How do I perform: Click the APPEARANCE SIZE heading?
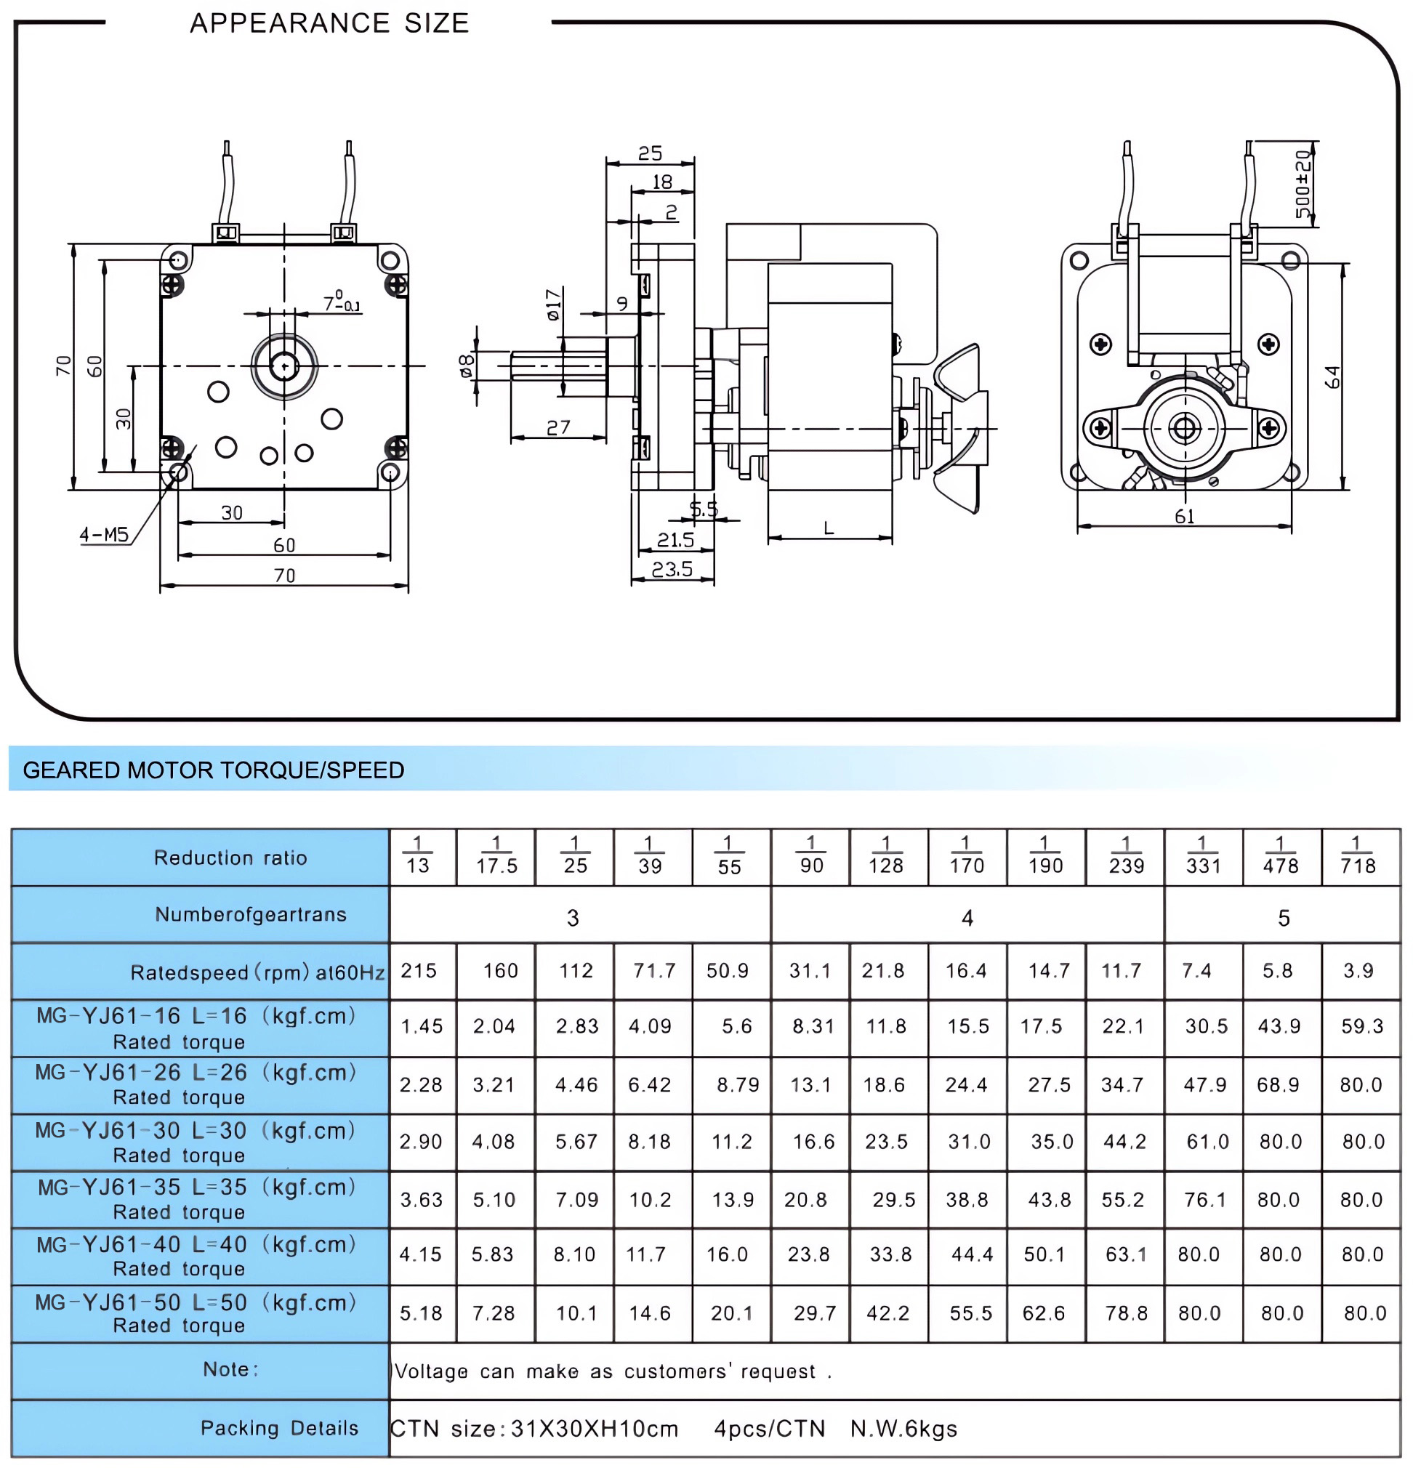coord(329,23)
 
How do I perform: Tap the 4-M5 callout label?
coord(104,535)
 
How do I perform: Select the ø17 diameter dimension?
coord(553,305)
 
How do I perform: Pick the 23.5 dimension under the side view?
coord(672,570)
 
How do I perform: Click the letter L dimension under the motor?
coord(829,529)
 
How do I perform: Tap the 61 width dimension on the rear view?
coord(1184,516)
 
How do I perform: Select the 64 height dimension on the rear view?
coord(1332,376)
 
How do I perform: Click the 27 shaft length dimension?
coord(558,427)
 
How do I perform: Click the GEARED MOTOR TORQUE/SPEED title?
coord(214,770)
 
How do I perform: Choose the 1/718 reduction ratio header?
coord(1358,857)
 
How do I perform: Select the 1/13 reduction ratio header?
coord(417,857)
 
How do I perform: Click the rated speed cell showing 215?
coord(418,971)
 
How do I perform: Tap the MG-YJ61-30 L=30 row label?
coord(195,1142)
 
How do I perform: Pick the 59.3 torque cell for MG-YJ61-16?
coord(1361,1026)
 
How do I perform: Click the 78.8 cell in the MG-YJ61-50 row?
coord(1125,1313)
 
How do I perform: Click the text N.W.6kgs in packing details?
coord(903,1429)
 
